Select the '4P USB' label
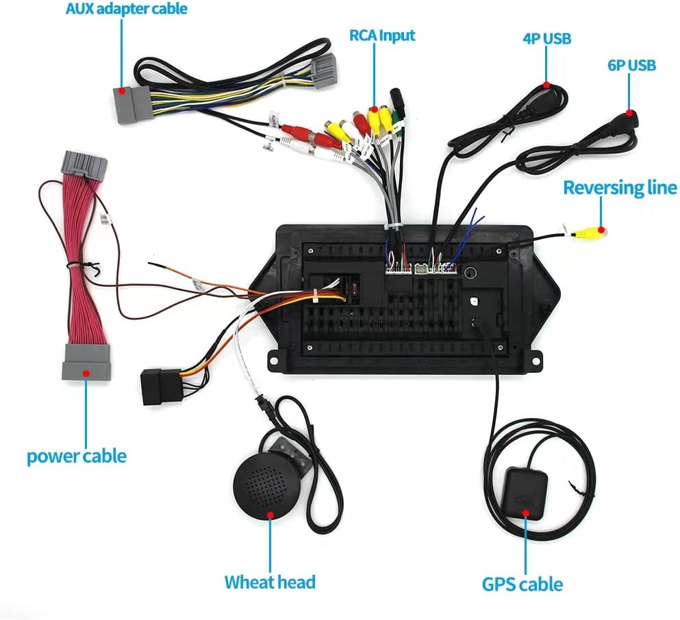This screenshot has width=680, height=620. (x=546, y=38)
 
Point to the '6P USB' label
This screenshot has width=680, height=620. (x=631, y=65)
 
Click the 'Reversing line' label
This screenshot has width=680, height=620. (x=619, y=188)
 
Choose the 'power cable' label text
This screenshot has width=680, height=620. (x=77, y=456)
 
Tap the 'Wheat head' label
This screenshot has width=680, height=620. (x=270, y=582)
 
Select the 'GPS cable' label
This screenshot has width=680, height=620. (x=522, y=584)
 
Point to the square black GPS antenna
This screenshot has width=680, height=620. (x=526, y=491)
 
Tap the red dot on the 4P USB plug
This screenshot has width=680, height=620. (x=546, y=84)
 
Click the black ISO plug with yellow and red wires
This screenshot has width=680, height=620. (x=159, y=387)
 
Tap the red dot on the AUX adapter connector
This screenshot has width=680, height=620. (x=122, y=90)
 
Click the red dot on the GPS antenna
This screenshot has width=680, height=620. (x=526, y=511)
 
